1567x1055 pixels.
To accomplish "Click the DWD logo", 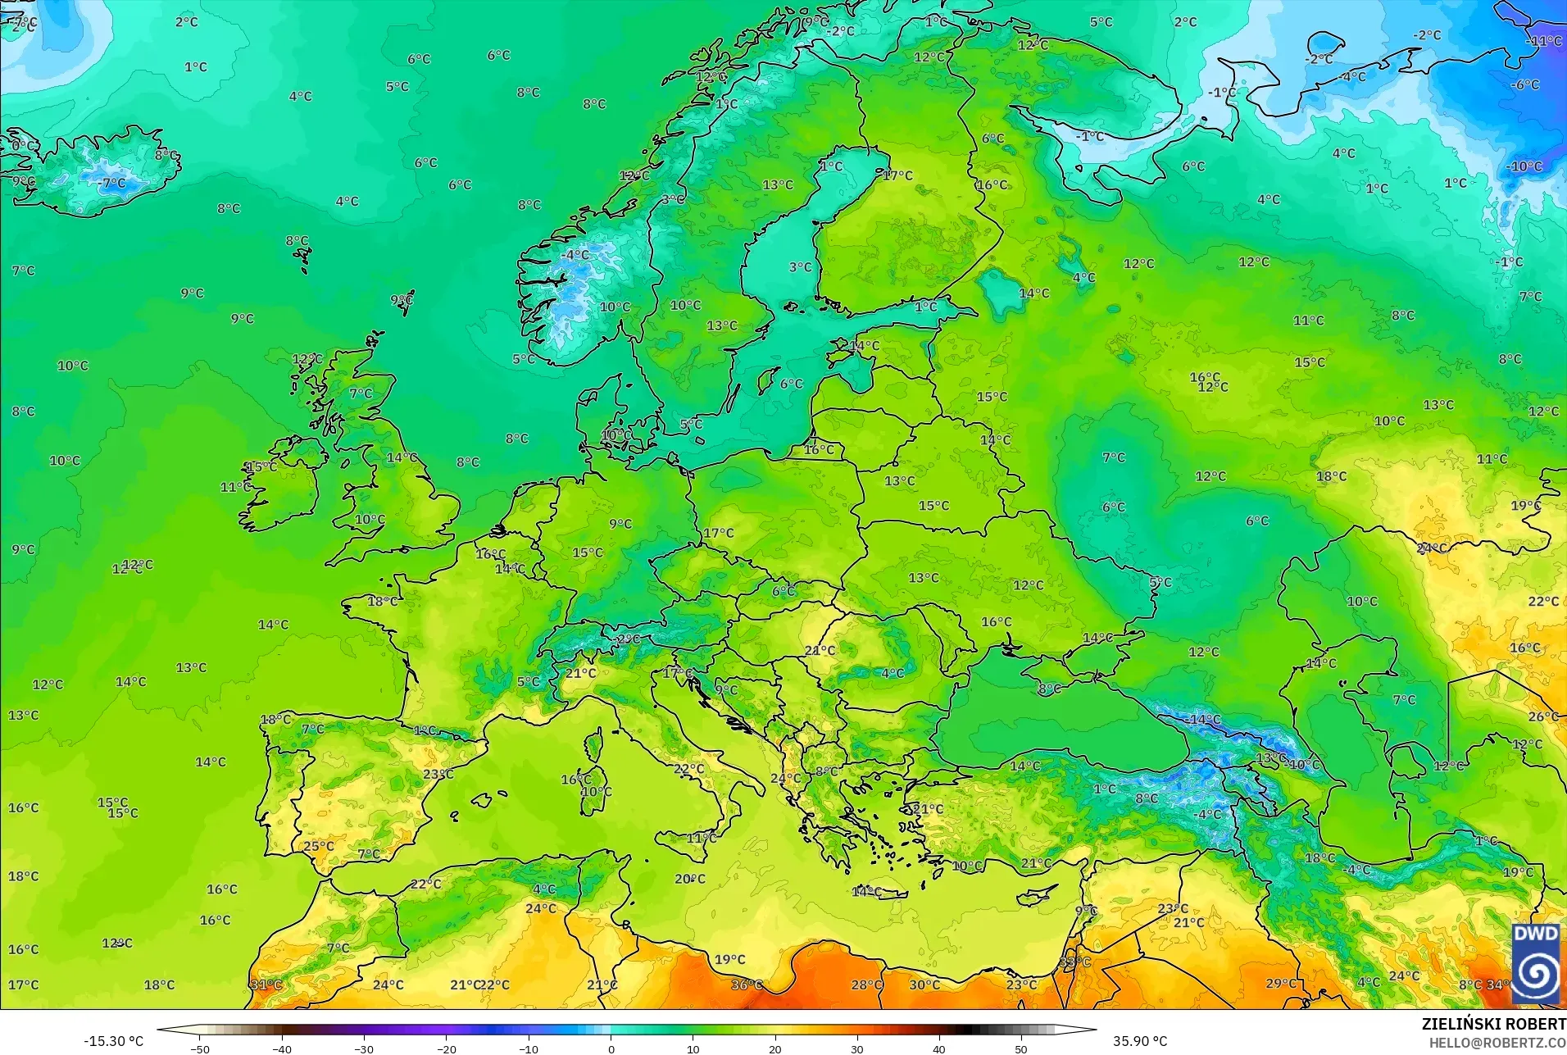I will (x=1537, y=964).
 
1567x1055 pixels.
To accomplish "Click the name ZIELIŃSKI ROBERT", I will (x=1493, y=1024).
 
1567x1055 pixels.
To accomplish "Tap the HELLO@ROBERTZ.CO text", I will (x=1497, y=1043).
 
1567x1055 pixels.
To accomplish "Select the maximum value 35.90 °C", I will (x=1139, y=1041).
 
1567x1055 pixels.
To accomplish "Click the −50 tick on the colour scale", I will (x=200, y=1048).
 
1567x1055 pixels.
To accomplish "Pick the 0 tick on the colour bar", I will (x=611, y=1048).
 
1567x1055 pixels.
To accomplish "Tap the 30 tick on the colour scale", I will (x=857, y=1048).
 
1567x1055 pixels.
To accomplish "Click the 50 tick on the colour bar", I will (x=1021, y=1048).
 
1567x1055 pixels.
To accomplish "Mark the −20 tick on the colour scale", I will (x=447, y=1048).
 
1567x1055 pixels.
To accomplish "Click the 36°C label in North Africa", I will (x=747, y=985).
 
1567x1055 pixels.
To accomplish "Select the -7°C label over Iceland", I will (x=113, y=184).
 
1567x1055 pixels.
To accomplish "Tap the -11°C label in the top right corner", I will (x=1544, y=41).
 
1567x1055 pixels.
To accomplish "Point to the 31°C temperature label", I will (x=266, y=985).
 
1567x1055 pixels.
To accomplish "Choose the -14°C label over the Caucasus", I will (x=1202, y=720).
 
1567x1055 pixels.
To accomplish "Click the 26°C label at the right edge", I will (x=1543, y=716).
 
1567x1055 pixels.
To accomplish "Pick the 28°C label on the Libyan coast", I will (x=867, y=985).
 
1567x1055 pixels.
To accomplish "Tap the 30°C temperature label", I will (x=924, y=985).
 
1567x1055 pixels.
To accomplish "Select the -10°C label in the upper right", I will (x=1524, y=166).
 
